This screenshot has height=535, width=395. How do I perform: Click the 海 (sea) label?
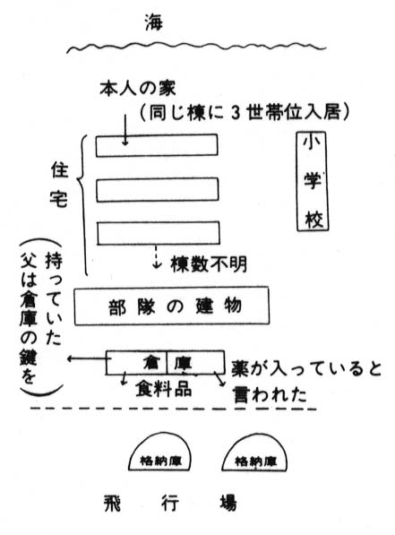click(153, 22)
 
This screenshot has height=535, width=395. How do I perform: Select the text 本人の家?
click(138, 89)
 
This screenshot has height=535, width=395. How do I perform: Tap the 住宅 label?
click(59, 185)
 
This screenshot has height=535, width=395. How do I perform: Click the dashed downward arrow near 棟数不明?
click(157, 256)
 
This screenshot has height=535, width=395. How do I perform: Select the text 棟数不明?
click(209, 263)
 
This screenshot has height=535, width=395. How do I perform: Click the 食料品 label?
click(164, 389)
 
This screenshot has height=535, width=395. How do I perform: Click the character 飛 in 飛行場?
click(113, 504)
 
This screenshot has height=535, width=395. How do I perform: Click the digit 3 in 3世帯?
click(236, 113)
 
